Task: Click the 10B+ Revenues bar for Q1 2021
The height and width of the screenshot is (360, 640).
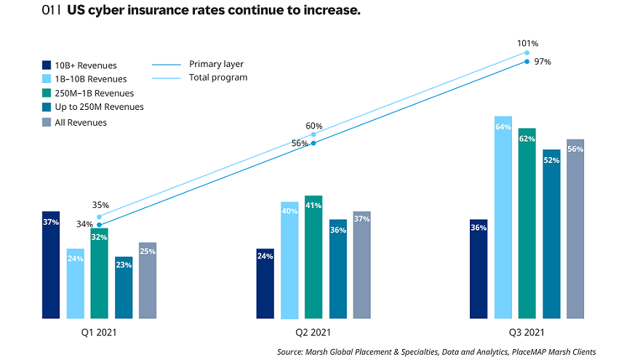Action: [x=51, y=265]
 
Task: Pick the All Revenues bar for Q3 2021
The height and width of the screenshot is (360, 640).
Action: [x=575, y=228]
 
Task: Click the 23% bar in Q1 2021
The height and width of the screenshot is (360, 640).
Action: [x=123, y=287]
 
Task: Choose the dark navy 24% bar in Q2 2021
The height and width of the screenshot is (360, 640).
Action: [x=265, y=283]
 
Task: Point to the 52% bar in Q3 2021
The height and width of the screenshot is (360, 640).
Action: [x=551, y=233]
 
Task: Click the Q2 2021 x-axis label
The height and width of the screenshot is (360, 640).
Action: [x=313, y=332]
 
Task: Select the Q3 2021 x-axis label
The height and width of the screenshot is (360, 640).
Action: [x=527, y=332]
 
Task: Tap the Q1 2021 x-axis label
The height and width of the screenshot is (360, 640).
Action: [x=99, y=332]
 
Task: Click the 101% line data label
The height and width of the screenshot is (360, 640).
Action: [x=527, y=43]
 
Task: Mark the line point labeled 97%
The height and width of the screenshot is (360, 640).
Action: [x=527, y=62]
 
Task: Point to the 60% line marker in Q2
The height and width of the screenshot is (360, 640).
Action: [x=313, y=135]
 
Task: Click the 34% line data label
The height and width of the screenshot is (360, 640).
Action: [x=84, y=224]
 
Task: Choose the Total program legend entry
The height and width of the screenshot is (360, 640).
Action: [x=217, y=78]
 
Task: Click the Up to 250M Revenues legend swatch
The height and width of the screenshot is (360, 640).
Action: [x=47, y=108]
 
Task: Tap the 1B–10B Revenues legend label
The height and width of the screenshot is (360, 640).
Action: [x=91, y=79]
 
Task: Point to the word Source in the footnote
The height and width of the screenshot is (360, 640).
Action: [x=291, y=351]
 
